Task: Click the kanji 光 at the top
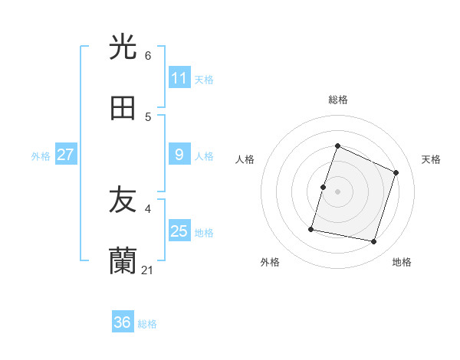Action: [123, 47]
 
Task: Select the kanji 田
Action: [123, 108]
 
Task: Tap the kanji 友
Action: [123, 200]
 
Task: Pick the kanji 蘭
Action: [123, 261]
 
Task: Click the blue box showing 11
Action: [179, 78]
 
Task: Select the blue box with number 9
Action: [179, 155]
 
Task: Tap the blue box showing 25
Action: [179, 231]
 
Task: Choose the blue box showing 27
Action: [65, 155]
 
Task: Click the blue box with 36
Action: [123, 322]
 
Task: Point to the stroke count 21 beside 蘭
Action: [149, 270]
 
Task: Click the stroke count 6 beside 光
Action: [148, 56]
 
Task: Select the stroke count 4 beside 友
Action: [148, 208]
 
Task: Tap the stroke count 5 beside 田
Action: [148, 117]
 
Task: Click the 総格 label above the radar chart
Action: [338, 100]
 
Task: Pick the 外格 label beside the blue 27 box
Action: [41, 156]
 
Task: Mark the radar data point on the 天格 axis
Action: [396, 172]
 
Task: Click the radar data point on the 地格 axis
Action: [373, 241]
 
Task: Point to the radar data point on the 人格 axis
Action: [324, 187]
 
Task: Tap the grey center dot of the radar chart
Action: [338, 191]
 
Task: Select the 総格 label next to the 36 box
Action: [147, 324]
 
